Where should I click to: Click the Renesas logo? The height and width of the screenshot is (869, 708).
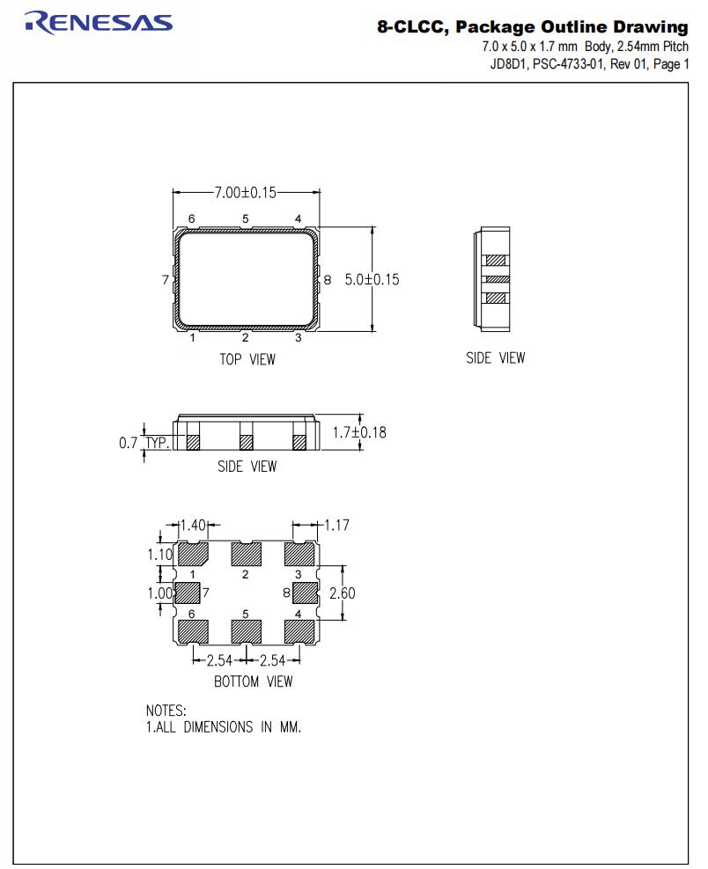(x=99, y=22)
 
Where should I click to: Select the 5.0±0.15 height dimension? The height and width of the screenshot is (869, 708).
(x=371, y=279)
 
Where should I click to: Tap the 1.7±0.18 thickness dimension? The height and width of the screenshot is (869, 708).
(x=359, y=432)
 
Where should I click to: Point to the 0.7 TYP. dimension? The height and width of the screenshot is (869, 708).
(x=144, y=443)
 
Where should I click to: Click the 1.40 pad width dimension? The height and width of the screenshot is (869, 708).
(x=192, y=526)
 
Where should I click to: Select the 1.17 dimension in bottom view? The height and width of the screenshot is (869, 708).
(x=336, y=526)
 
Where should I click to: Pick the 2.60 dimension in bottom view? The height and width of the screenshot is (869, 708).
(x=342, y=593)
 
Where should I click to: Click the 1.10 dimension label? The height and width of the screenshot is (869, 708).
(x=160, y=556)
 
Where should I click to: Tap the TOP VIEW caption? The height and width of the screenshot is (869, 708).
(x=247, y=359)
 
